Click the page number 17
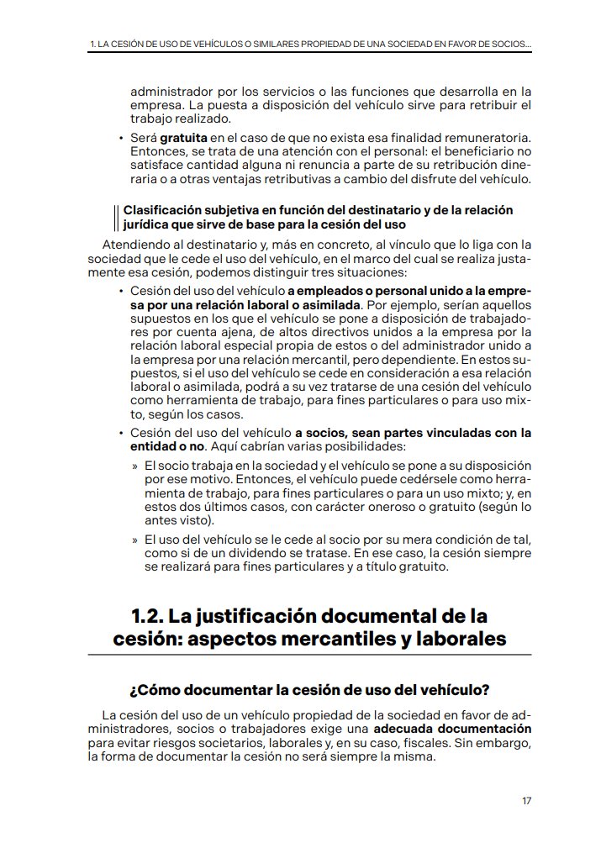pos(526,800)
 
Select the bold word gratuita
pos(184,137)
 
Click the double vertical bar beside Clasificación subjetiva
pos(115,217)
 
